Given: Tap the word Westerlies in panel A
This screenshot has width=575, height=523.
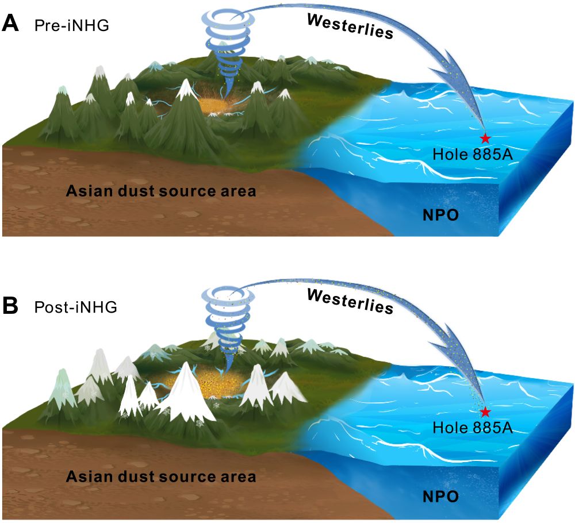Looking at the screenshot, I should pyautogui.click(x=350, y=26).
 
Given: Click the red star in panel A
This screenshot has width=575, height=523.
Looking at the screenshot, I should pyautogui.click(x=485, y=139).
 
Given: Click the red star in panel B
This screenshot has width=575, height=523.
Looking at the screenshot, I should pyautogui.click(x=485, y=412).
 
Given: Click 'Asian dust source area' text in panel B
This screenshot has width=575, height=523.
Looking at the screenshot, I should pyautogui.click(x=160, y=476).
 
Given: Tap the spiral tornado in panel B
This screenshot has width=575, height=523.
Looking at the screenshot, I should pyautogui.click(x=229, y=322).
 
